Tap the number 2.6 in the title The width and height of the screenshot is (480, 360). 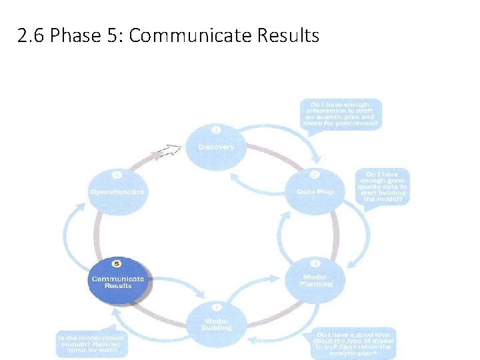(x=32, y=35)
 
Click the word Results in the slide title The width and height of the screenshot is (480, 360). (x=289, y=35)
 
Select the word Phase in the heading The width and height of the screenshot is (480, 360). (x=73, y=35)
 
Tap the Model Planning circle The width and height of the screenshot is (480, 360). (x=316, y=279)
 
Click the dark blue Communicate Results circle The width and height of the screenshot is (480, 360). (x=117, y=281)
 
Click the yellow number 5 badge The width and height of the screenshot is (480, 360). (x=117, y=264)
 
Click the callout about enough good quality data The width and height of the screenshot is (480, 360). (x=383, y=187)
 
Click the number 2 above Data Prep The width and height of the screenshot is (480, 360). (x=315, y=175)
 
